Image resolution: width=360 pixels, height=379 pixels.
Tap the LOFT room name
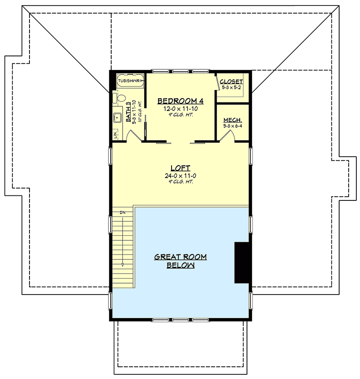[x=180, y=167]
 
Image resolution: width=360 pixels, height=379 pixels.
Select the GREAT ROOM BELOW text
[x=180, y=261]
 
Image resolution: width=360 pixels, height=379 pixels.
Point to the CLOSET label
[x=231, y=82]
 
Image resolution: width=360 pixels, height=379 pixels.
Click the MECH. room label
[x=232, y=120]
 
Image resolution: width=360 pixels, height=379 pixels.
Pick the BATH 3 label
[x=128, y=113]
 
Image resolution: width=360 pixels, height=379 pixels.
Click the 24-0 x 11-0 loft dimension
[x=180, y=175]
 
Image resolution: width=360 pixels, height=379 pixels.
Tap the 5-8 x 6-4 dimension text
[x=232, y=126]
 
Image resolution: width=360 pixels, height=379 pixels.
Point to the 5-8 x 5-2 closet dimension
[x=232, y=87]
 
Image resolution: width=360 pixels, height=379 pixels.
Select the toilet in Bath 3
[x=119, y=98]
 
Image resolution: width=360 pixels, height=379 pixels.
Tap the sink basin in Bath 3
[x=116, y=118]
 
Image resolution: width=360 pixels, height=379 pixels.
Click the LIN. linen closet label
[x=116, y=135]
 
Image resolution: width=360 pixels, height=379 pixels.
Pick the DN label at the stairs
[x=123, y=212]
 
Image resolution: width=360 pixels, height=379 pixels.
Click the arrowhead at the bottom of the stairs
[x=123, y=264]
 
